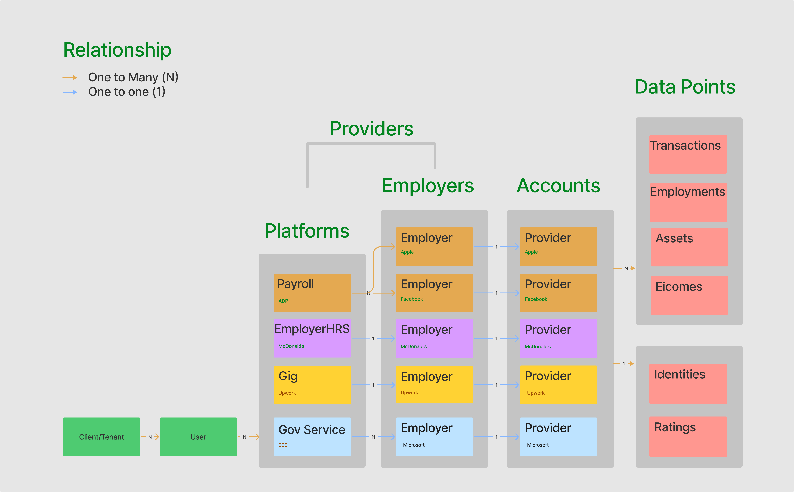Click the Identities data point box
pyautogui.click(x=688, y=384)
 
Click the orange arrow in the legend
pyautogui.click(x=70, y=78)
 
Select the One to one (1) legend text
pyautogui.click(x=127, y=92)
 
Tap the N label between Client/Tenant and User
pyautogui.click(x=150, y=437)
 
